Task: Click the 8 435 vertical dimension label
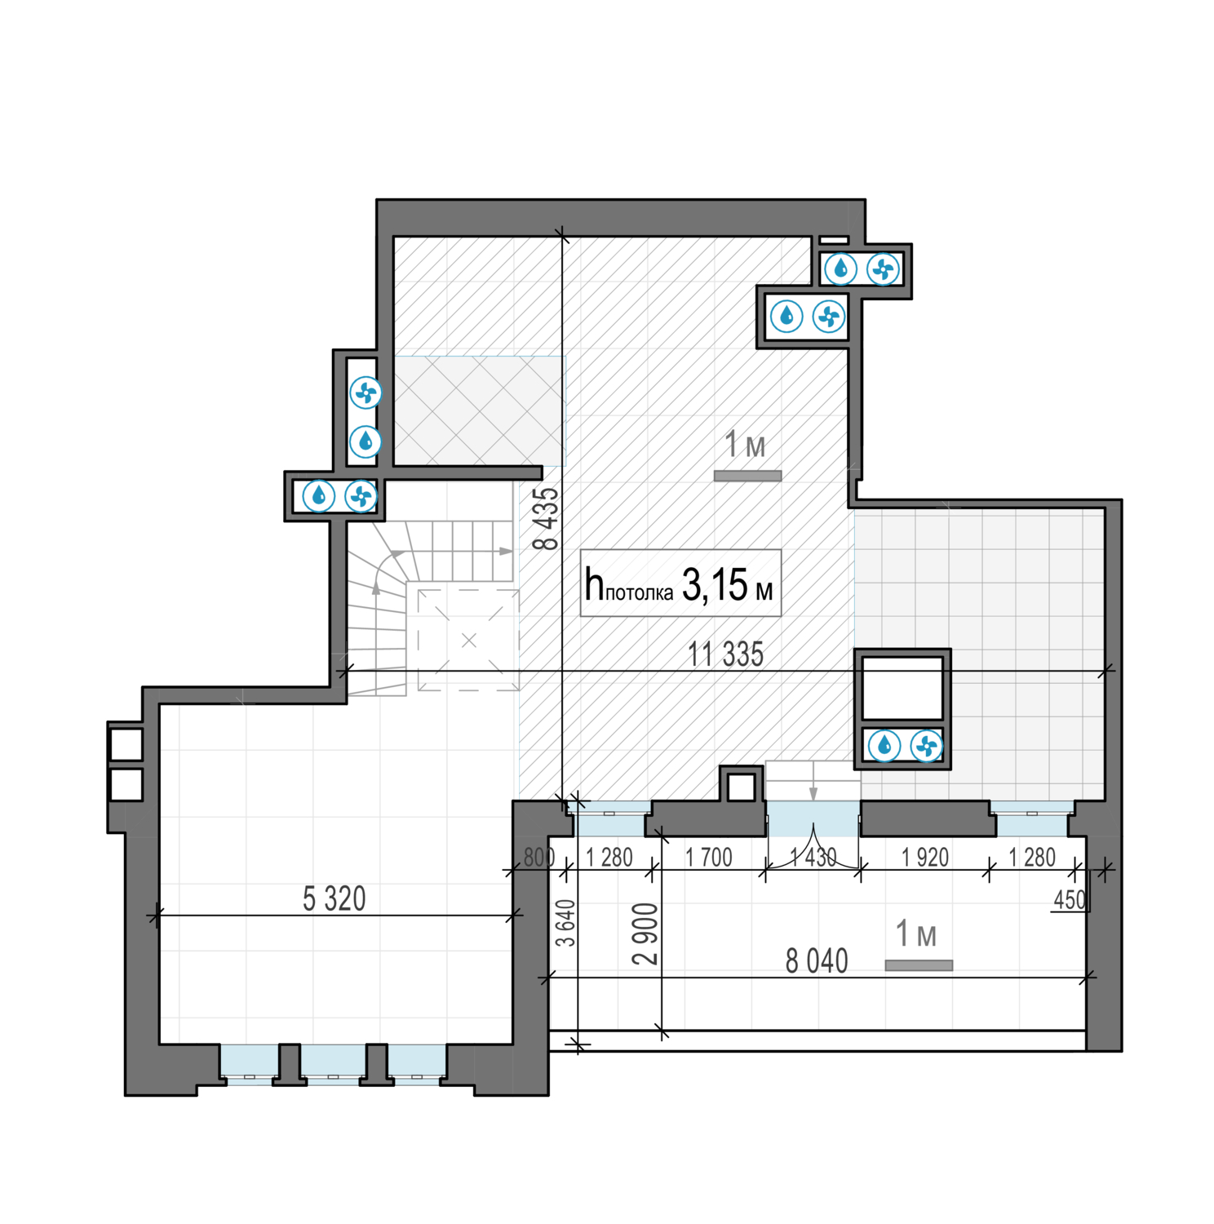pyautogui.click(x=550, y=518)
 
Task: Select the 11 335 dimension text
pyautogui.click(x=725, y=654)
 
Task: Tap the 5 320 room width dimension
pyautogui.click(x=334, y=898)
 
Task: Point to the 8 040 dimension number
pyautogui.click(x=816, y=961)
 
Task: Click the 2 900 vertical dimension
pyautogui.click(x=645, y=934)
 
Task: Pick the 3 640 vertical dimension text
pyautogui.click(x=565, y=923)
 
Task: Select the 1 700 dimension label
pyautogui.click(x=708, y=858)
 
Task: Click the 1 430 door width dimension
pyautogui.click(x=813, y=858)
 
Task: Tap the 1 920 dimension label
pyautogui.click(x=925, y=858)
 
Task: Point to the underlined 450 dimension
pyautogui.click(x=1070, y=900)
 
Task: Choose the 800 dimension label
pyautogui.click(x=538, y=858)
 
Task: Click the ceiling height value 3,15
pyautogui.click(x=715, y=585)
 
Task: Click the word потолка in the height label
pyautogui.click(x=639, y=593)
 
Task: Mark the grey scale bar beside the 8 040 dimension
pyautogui.click(x=919, y=965)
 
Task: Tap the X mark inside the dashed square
pyautogui.click(x=468, y=641)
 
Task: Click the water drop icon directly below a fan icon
pyautogui.click(x=366, y=441)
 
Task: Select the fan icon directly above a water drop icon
pyautogui.click(x=366, y=393)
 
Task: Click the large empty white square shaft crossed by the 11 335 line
pyautogui.click(x=902, y=687)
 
